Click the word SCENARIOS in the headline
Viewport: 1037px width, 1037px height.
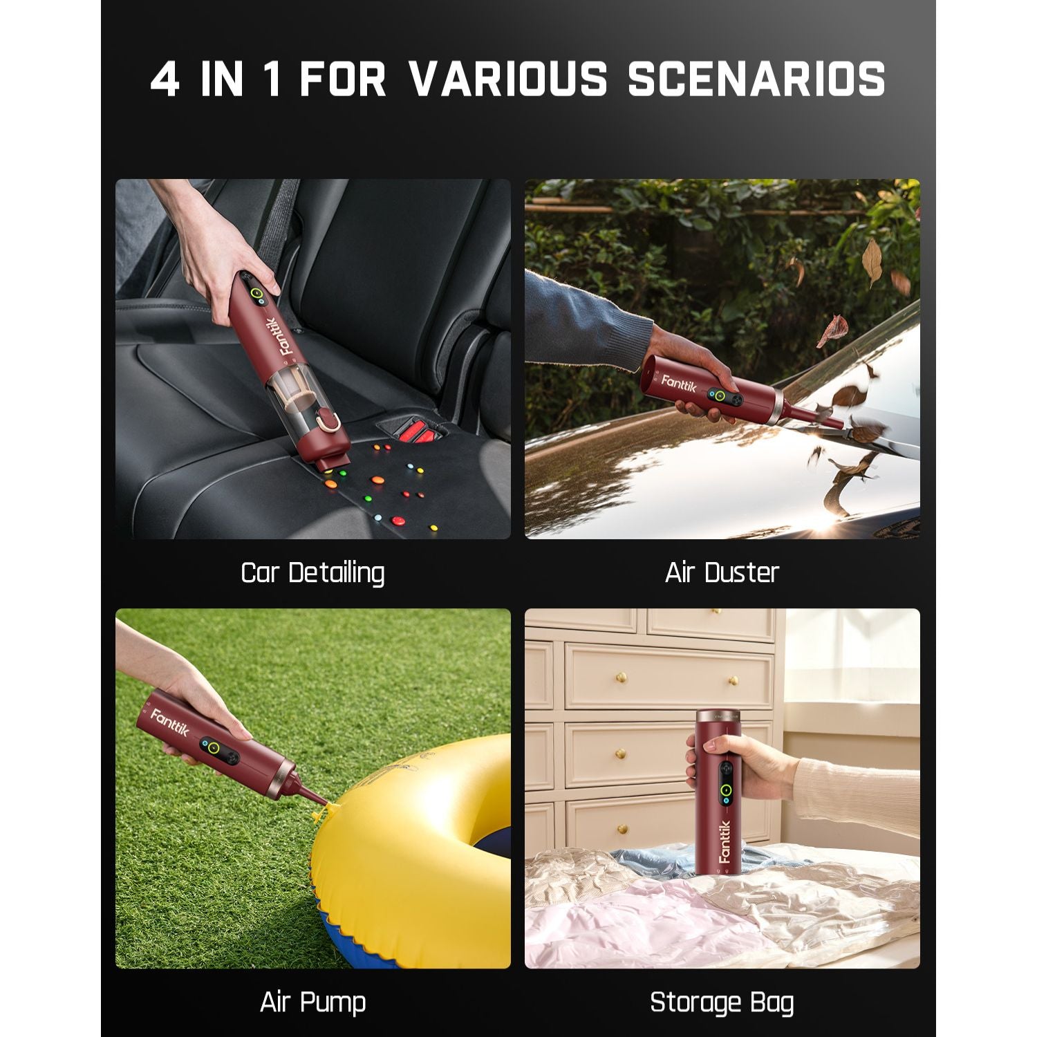756,79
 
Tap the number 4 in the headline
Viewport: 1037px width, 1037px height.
165,79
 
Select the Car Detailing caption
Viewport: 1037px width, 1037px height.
312,573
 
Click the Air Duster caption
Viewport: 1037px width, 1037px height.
722,572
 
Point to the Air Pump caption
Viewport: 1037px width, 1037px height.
312,1002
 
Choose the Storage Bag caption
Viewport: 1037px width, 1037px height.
722,1002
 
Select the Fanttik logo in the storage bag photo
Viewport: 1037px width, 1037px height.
724,841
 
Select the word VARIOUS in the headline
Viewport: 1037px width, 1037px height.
508,79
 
